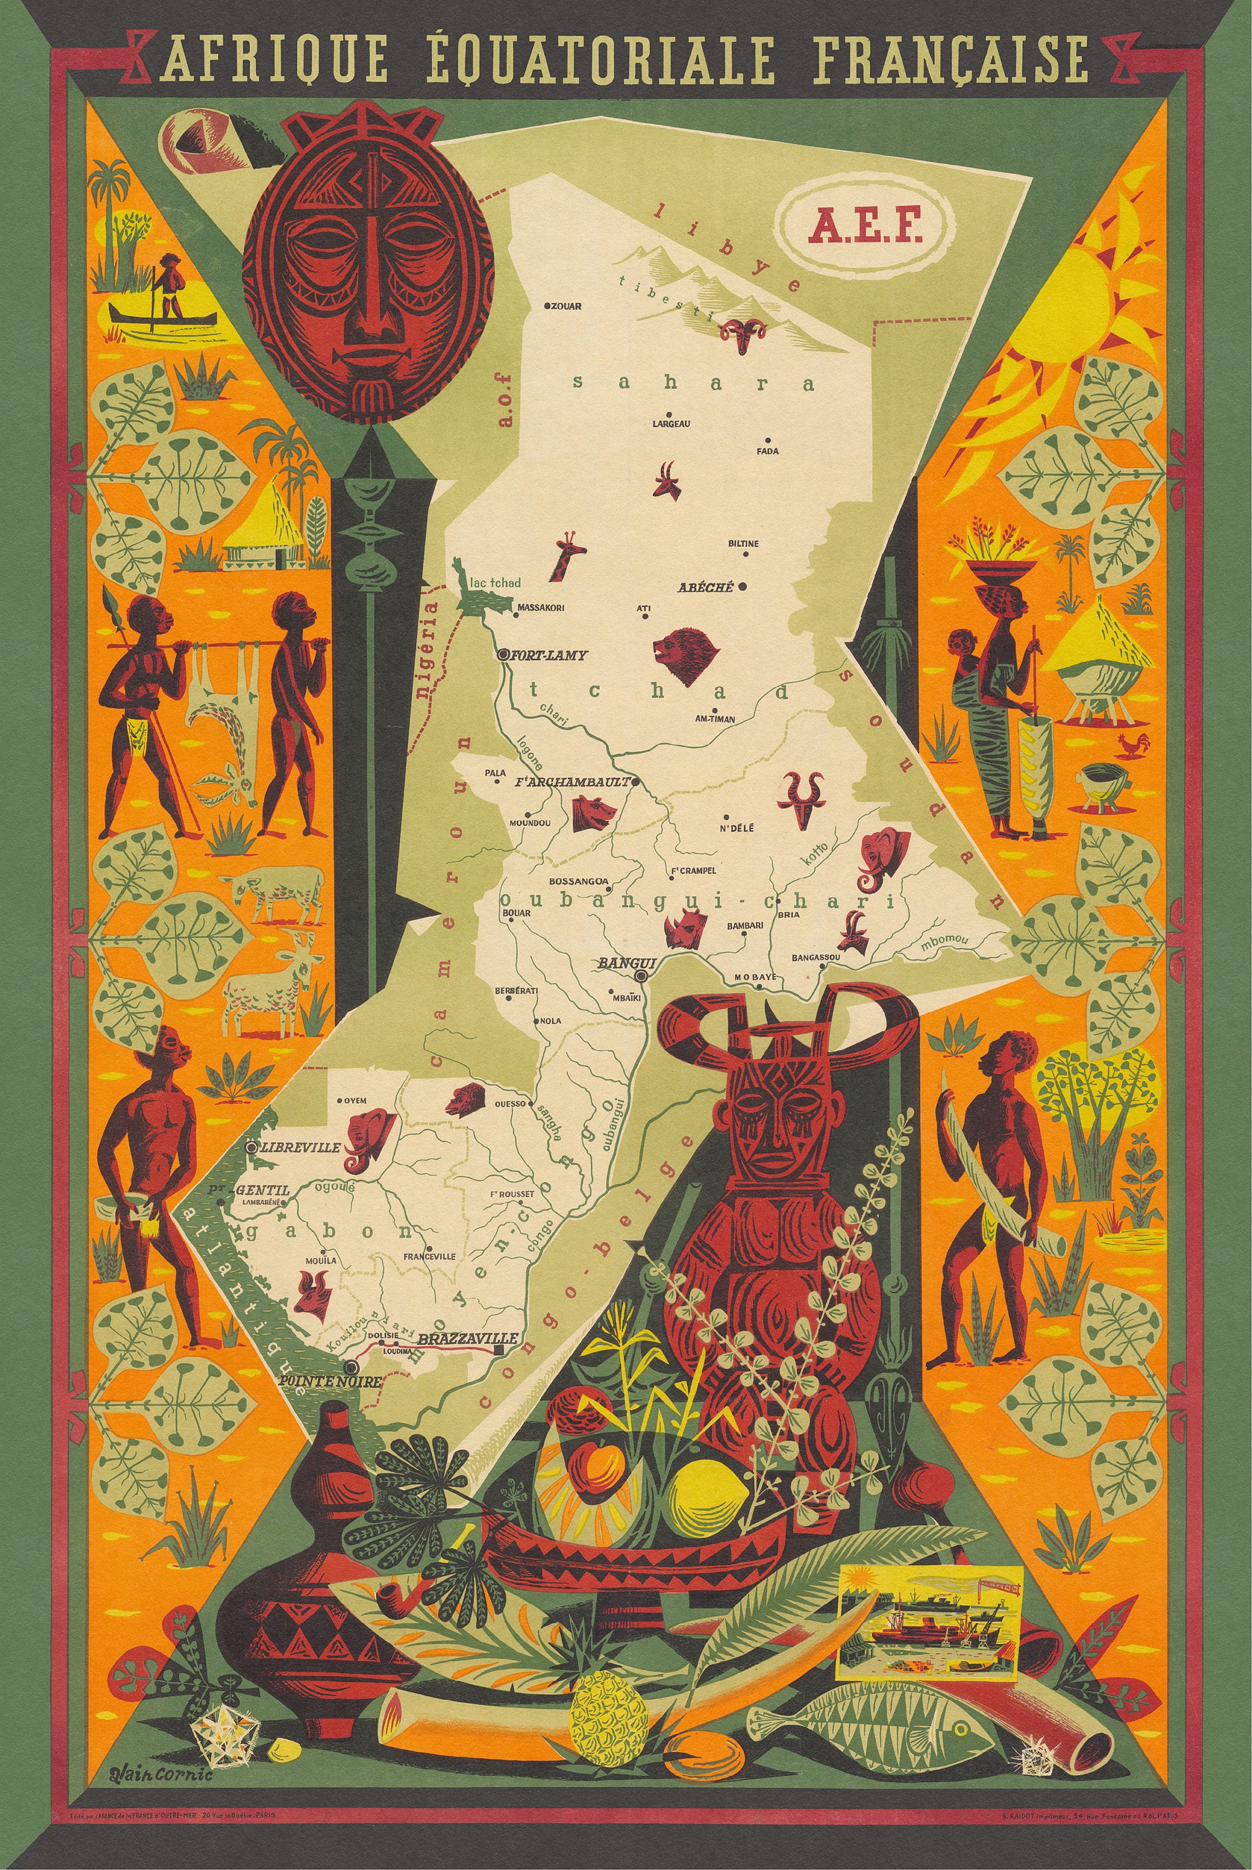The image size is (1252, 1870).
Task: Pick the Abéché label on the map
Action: pyautogui.click(x=705, y=587)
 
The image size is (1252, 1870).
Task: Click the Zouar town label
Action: pyautogui.click(x=566, y=306)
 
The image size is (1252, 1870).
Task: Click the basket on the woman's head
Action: pyautogui.click(x=1000, y=570)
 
